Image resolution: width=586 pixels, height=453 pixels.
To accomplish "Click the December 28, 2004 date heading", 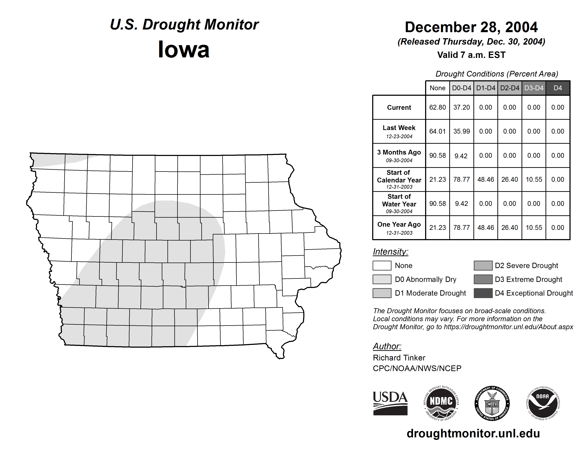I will pyautogui.click(x=471, y=27).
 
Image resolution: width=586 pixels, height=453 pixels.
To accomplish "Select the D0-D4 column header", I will pyautogui.click(x=462, y=88).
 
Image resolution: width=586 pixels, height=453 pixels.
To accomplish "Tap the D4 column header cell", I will pyautogui.click(x=558, y=88).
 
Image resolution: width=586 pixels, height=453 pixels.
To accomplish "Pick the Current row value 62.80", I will pyautogui.click(x=437, y=107).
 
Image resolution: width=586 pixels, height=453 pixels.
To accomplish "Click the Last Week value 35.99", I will pyautogui.click(x=462, y=131).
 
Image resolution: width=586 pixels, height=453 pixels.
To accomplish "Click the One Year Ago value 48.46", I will pyautogui.click(x=485, y=228).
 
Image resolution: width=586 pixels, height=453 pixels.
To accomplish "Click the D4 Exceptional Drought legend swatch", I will pyautogui.click(x=483, y=293).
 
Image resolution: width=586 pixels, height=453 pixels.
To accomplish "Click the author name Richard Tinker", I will pyautogui.click(x=399, y=358).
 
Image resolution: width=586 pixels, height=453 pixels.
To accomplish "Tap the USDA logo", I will pyautogui.click(x=390, y=403).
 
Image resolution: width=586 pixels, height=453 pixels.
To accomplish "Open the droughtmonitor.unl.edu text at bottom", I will pyautogui.click(x=473, y=434).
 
